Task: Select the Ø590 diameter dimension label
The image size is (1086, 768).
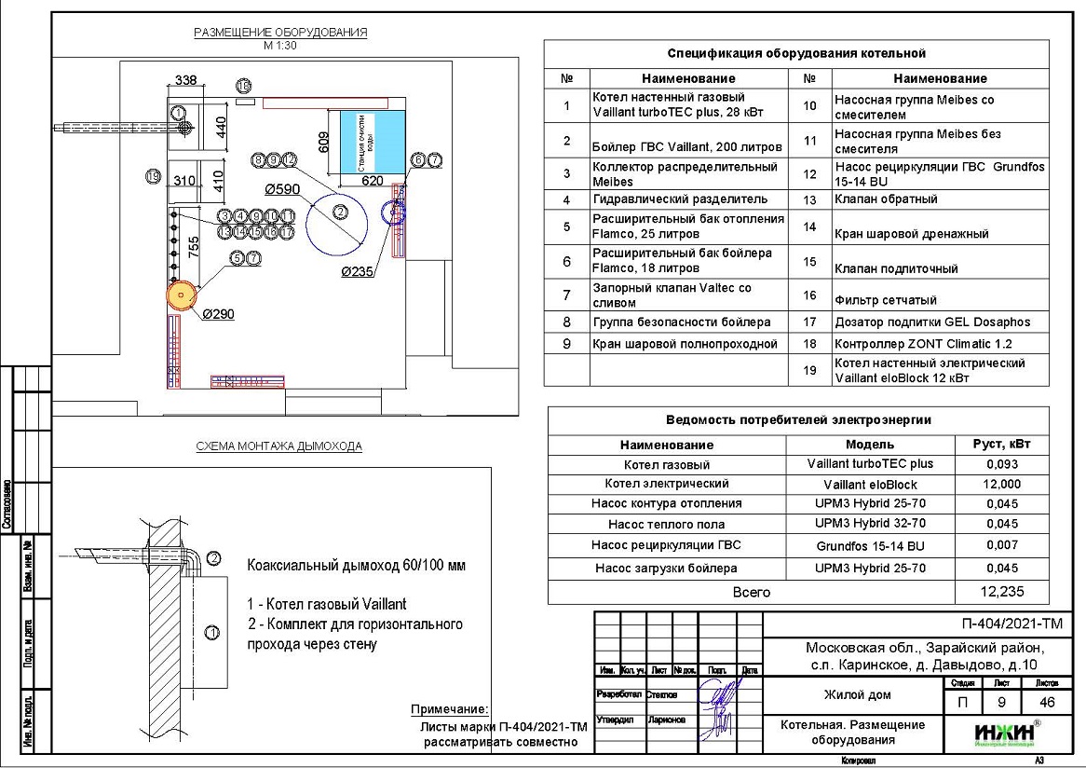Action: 282,189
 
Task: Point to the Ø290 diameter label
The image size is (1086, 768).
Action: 217,314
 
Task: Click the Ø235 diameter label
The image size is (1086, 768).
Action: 359,272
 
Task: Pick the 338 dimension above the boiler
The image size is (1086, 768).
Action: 186,81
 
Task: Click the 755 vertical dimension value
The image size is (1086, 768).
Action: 194,247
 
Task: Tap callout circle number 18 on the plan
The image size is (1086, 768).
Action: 244,86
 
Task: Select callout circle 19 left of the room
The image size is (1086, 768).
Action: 155,175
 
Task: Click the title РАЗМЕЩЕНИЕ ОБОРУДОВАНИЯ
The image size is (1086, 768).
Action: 280,33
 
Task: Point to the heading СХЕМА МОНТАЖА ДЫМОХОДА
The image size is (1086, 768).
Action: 279,446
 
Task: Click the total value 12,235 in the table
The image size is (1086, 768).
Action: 1000,592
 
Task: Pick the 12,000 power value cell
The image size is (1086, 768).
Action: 1000,484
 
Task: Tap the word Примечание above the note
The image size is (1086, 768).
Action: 449,709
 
